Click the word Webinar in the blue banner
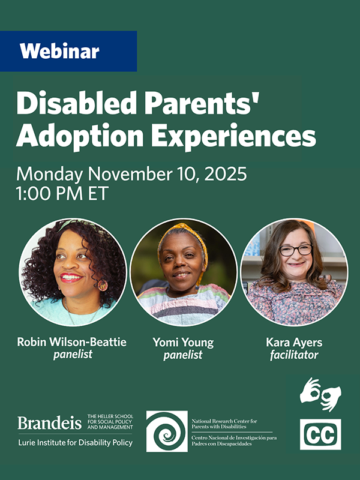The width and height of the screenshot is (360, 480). tap(59, 52)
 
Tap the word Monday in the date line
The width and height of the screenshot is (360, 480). tap(51, 175)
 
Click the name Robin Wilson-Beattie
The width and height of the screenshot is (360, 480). tap(73, 343)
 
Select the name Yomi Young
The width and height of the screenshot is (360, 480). tap(183, 343)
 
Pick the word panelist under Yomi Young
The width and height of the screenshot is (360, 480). tap(183, 355)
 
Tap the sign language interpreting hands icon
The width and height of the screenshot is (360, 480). tap(320, 395)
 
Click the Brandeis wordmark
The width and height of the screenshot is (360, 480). tap(49, 423)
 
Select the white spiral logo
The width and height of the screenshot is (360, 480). tap(166, 431)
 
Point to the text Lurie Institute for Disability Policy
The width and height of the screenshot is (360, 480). tap(75, 443)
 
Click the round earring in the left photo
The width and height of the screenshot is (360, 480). tap(102, 284)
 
